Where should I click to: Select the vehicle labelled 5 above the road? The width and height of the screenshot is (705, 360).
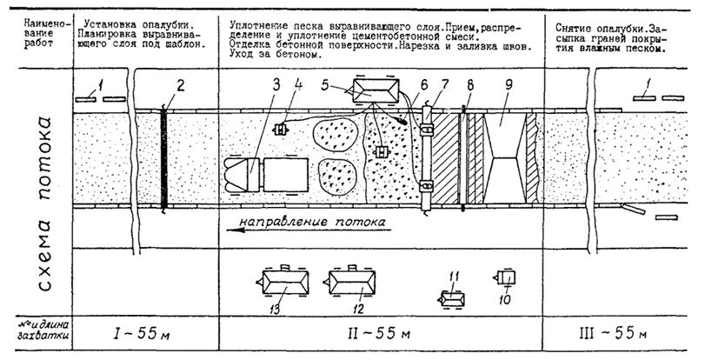(x=376, y=92)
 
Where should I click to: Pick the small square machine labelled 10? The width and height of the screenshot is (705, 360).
(x=509, y=279)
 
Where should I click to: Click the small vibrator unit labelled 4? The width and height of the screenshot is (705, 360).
(x=281, y=130)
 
